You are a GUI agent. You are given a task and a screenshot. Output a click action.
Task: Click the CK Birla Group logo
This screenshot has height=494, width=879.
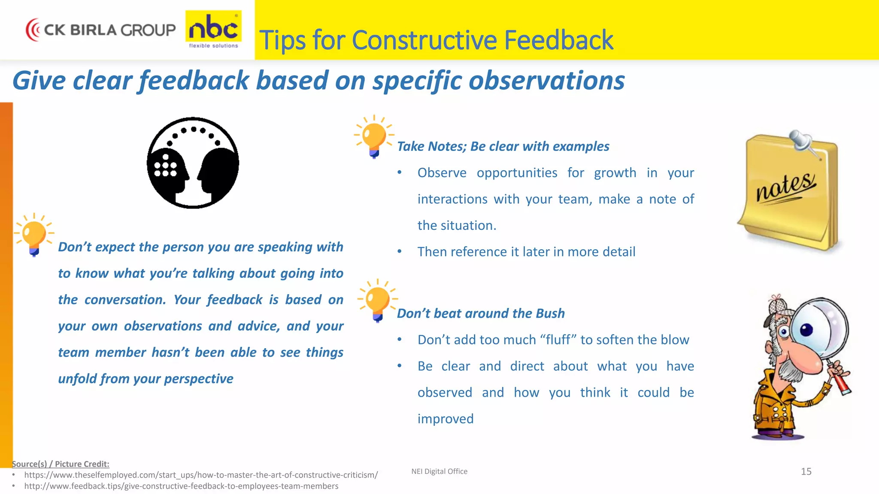pos(101,30)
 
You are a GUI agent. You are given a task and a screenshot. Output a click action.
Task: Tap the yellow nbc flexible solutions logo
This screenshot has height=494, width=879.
pos(213,29)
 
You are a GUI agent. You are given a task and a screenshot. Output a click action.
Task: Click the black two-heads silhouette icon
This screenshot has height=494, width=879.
pos(193,163)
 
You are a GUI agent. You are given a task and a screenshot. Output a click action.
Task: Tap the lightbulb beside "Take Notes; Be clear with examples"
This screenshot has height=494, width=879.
pos(373,136)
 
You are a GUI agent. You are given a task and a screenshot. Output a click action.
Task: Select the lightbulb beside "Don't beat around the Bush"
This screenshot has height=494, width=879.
pos(377,300)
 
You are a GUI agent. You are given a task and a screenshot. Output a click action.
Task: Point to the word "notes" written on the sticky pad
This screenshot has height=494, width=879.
pos(785,187)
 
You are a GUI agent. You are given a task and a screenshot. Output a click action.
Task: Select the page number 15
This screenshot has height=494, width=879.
pos(806,472)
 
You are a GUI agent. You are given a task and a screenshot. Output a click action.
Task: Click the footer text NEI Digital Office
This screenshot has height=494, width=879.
pos(439,471)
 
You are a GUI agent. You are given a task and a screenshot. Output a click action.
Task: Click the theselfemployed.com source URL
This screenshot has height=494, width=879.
pos(201,475)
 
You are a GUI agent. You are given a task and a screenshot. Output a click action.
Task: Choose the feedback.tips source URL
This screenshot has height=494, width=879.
pos(181,486)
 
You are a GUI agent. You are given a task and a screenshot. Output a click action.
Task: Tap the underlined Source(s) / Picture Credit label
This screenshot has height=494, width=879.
pos(61,464)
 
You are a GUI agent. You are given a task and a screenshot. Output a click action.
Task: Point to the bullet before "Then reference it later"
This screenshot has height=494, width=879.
pos(400,252)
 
